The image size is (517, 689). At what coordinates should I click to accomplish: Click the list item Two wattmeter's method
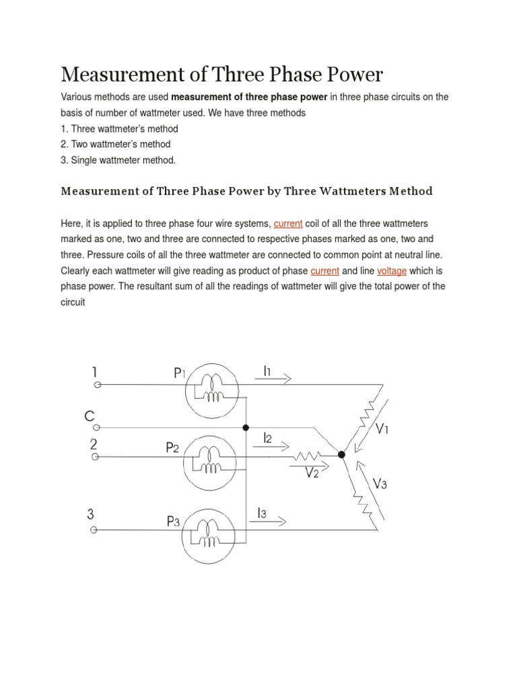[x=115, y=144]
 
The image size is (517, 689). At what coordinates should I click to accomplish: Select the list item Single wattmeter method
[x=118, y=159]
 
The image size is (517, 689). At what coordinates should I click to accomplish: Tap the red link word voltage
[x=392, y=270]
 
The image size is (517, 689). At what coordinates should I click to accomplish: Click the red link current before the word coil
[x=288, y=223]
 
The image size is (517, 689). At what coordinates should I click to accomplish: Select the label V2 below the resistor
[x=312, y=473]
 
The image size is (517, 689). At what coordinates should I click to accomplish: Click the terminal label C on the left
[x=89, y=416]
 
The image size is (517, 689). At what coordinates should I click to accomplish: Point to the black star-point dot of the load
[x=342, y=455]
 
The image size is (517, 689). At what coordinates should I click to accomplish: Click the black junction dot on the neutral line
[x=246, y=427]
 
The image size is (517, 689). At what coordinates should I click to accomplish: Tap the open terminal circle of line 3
[x=94, y=530]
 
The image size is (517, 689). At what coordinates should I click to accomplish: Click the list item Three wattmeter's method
[x=119, y=129]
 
